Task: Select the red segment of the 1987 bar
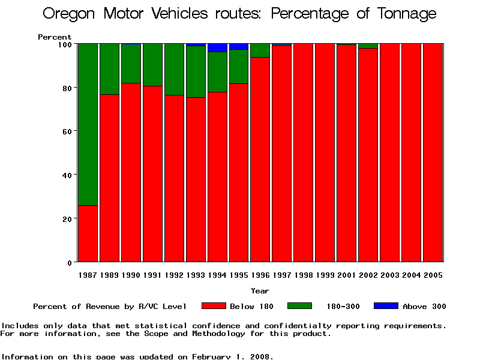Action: point(88,234)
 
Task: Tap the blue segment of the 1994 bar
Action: point(218,47)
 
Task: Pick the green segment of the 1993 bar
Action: point(196,71)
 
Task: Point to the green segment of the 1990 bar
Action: point(131,63)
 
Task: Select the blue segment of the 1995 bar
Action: point(239,46)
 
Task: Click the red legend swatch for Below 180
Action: point(214,306)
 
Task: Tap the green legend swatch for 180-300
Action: point(299,306)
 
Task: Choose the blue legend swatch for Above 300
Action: point(385,306)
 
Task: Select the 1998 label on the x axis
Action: point(304,275)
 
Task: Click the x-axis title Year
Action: point(260,291)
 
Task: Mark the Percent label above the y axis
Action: point(55,37)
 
